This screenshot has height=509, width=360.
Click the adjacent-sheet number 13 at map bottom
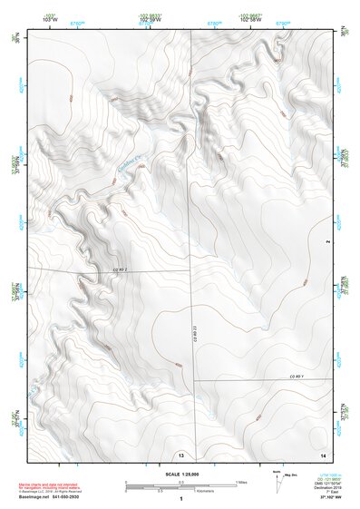click(181, 454)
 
